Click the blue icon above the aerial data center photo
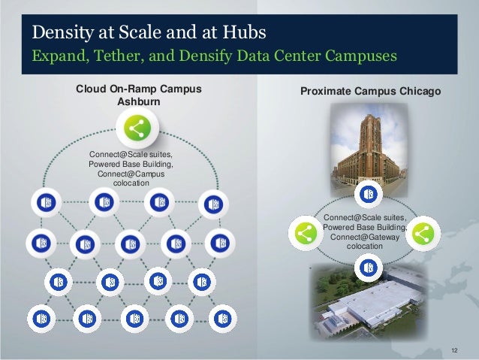[367, 265]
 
